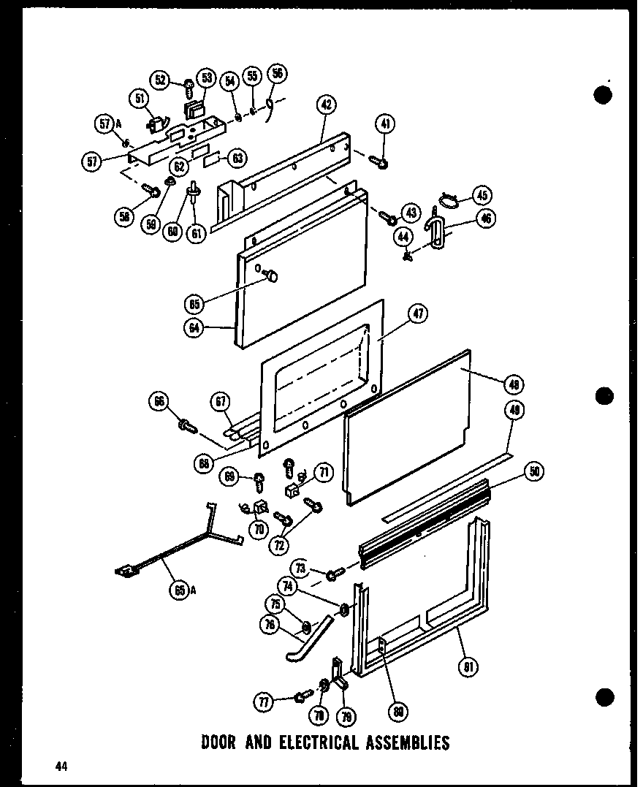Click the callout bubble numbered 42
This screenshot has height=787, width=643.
coord(326,104)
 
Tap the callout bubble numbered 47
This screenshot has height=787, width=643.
coord(418,314)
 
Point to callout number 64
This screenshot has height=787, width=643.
coord(194,328)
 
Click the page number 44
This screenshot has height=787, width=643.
coord(61,766)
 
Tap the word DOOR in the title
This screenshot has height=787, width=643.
coord(218,743)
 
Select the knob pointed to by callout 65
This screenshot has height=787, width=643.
coord(271,275)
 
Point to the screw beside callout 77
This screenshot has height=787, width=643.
coord(299,697)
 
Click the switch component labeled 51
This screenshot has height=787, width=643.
coord(156,126)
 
